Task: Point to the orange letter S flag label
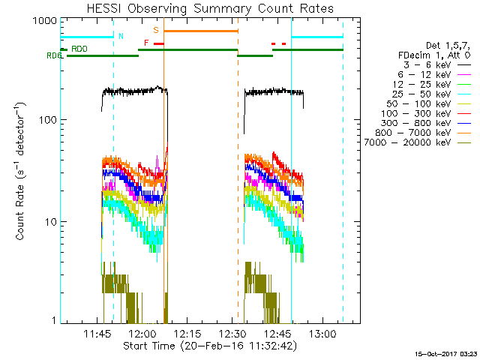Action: point(156,30)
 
